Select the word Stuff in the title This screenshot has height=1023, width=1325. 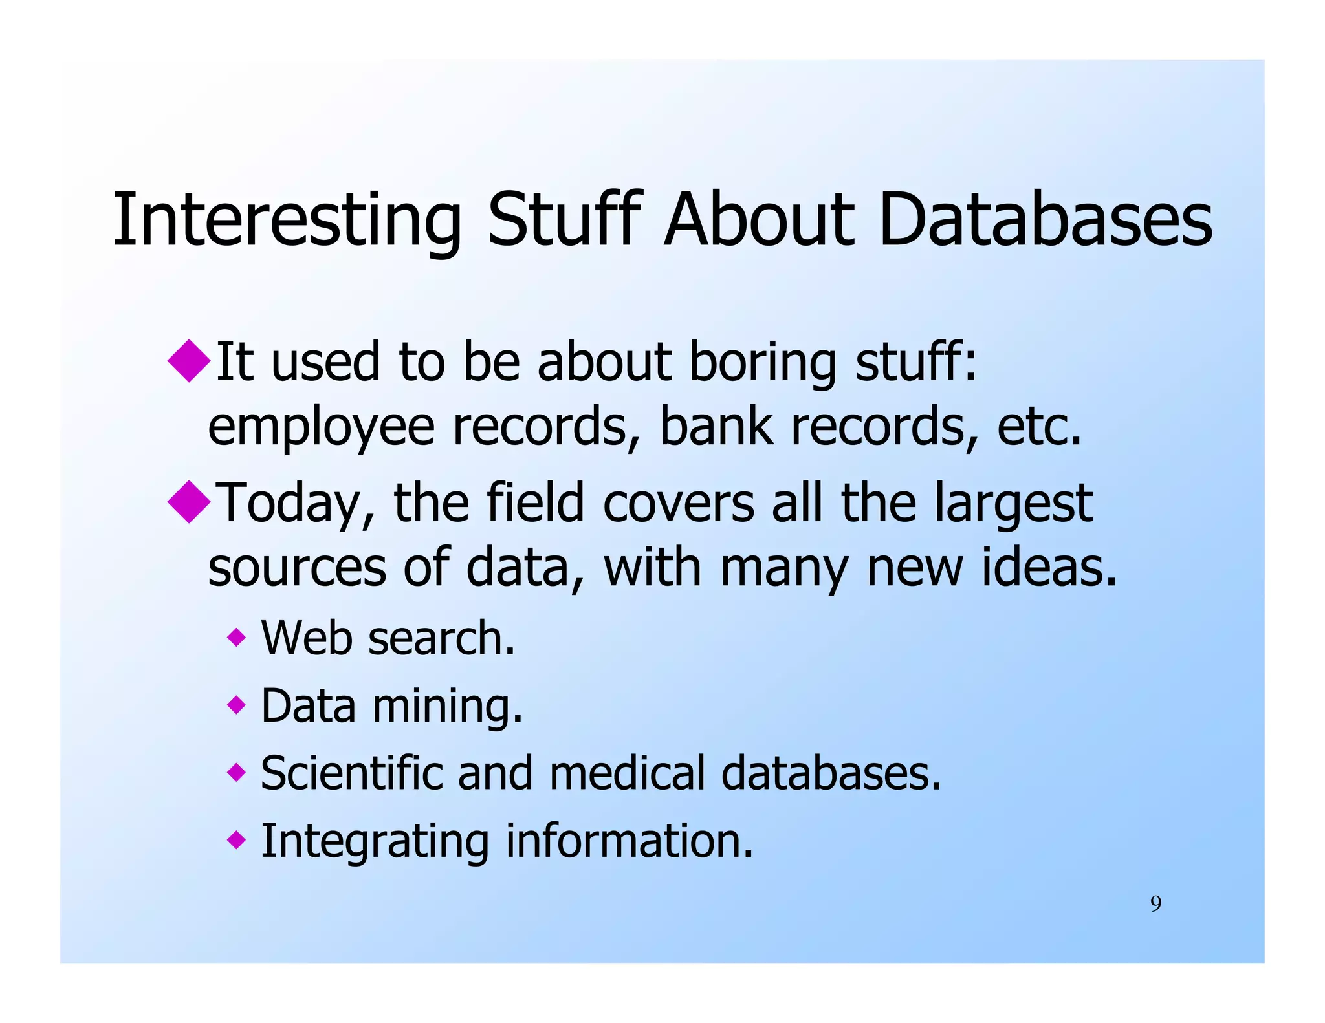pos(564,219)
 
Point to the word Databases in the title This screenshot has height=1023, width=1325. pos(1045,219)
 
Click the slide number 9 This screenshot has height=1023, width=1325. pos(1155,903)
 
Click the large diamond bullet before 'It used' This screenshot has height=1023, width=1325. pos(189,360)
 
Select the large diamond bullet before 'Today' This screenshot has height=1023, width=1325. pos(189,501)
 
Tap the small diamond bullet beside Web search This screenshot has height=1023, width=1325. pos(237,638)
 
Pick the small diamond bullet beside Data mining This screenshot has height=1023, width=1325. pos(237,704)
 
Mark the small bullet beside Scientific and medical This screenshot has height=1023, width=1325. pos(237,771)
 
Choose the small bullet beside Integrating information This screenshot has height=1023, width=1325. pos(237,840)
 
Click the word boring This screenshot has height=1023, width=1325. pos(763,362)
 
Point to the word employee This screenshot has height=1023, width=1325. pos(321,428)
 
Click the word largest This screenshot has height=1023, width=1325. pos(1013,505)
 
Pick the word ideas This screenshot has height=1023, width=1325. pos(1049,567)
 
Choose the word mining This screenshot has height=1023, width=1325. pos(447,707)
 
